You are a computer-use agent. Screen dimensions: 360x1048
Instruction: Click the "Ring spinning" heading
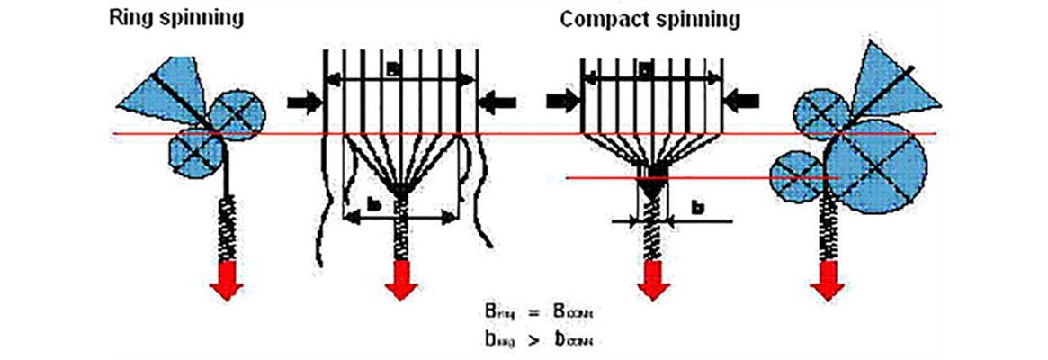(x=177, y=18)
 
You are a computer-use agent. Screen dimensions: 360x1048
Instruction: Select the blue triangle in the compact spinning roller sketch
(x=885, y=85)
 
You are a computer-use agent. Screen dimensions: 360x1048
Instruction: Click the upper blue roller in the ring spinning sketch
(x=238, y=114)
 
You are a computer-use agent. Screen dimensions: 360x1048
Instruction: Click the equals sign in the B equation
(x=534, y=311)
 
